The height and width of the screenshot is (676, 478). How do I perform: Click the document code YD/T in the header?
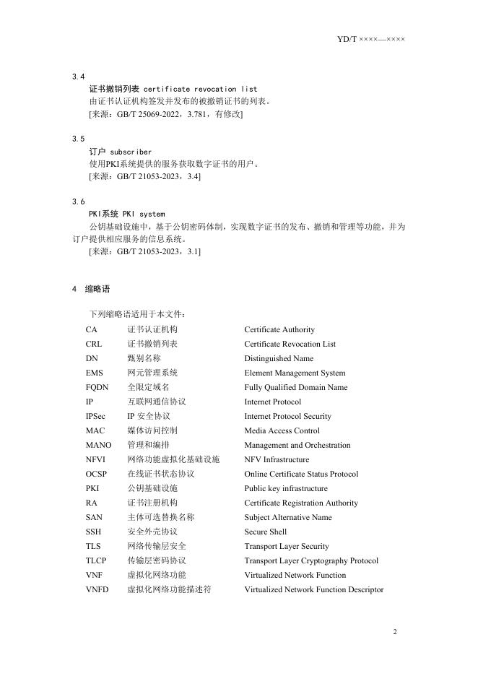click(x=347, y=38)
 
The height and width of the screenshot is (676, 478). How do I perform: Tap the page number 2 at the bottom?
click(x=395, y=632)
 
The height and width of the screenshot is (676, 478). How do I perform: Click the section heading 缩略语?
click(x=97, y=289)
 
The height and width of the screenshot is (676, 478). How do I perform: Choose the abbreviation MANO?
click(x=98, y=446)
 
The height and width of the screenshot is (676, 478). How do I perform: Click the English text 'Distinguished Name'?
click(x=279, y=359)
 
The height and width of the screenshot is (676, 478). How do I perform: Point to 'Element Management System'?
click(x=295, y=373)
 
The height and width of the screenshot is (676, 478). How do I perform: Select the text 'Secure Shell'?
click(x=265, y=532)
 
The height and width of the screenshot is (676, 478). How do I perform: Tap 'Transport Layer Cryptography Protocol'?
click(x=311, y=561)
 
